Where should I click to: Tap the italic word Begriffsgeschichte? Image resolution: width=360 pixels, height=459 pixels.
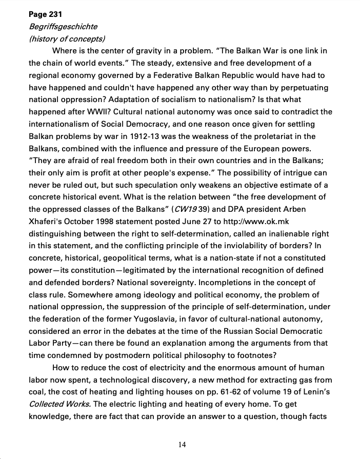[63, 26]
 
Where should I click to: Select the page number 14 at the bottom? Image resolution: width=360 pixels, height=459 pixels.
[182, 445]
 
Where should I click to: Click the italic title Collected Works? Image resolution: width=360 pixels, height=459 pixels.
[59, 404]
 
